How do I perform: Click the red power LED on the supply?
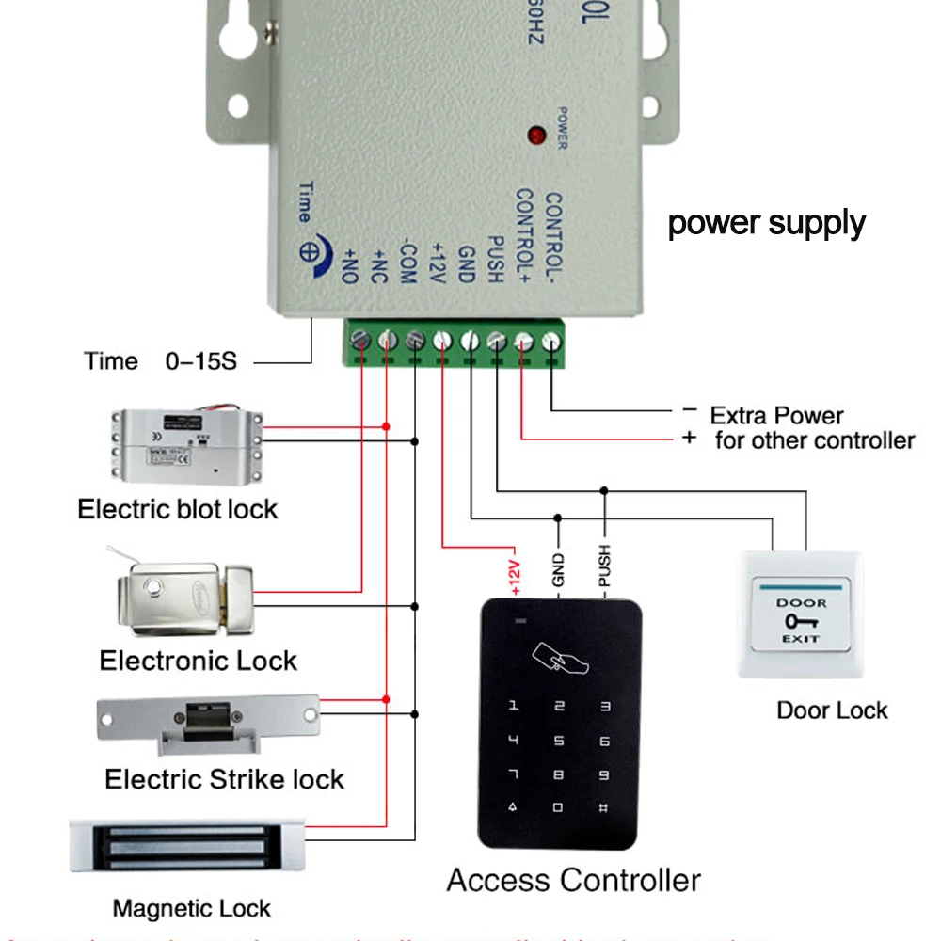click(x=537, y=135)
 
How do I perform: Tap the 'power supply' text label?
click(x=766, y=224)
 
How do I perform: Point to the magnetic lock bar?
click(x=187, y=844)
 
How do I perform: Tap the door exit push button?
click(x=801, y=615)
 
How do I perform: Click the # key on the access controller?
click(x=603, y=807)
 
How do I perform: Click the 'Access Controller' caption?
click(x=573, y=881)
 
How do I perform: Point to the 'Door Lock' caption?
click(x=832, y=710)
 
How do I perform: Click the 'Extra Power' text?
click(x=776, y=416)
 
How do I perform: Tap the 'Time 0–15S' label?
click(x=161, y=361)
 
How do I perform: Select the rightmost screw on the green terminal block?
click(x=550, y=341)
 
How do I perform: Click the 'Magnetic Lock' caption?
click(x=191, y=909)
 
